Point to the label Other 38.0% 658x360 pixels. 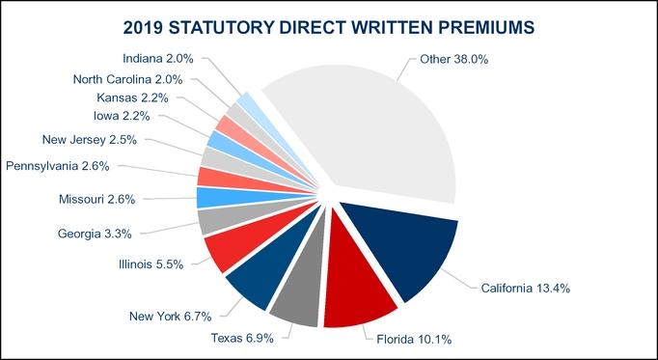(x=454, y=59)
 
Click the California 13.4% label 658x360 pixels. (x=522, y=287)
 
